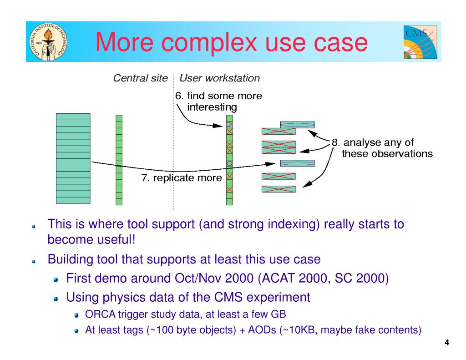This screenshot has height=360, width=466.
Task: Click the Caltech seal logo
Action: [x=47, y=42]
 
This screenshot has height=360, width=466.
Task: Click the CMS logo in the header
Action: [x=420, y=42]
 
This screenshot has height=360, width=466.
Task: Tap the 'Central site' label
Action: [x=140, y=78]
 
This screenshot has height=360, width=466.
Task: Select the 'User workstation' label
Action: [x=219, y=78]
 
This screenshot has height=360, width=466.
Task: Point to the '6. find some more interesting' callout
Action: [x=218, y=101]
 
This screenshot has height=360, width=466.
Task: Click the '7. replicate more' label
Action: [x=181, y=178]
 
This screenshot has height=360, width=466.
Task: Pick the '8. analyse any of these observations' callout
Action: [x=382, y=148]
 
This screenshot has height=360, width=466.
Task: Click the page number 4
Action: [x=446, y=343]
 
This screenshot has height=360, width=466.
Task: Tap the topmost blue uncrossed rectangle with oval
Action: [x=297, y=124]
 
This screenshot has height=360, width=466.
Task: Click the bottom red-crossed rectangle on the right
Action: [x=279, y=189]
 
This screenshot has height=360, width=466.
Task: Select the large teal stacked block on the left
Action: [x=73, y=158]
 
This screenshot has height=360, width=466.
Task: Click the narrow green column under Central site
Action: [x=119, y=160]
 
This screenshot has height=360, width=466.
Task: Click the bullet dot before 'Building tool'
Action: [x=34, y=261]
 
